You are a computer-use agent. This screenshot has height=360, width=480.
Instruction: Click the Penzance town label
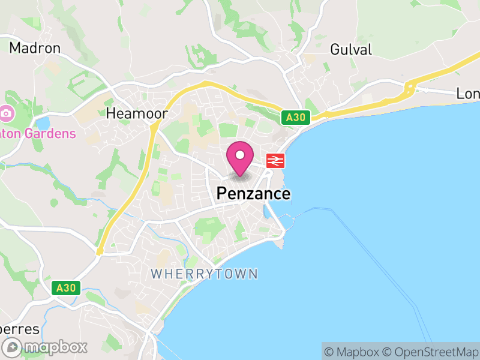(x=253, y=194)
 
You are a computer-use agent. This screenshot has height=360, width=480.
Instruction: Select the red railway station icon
(x=275, y=160)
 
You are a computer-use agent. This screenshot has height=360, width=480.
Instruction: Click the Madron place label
(x=35, y=48)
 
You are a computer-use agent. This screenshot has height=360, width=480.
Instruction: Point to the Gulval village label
(x=351, y=49)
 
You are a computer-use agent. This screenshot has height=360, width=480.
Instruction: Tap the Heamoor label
(x=136, y=113)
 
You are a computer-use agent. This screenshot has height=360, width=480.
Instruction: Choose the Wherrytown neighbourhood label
(x=204, y=274)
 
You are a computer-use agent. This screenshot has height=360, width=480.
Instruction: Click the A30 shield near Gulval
(x=296, y=118)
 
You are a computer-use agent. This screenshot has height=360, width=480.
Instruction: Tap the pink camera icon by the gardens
(x=7, y=113)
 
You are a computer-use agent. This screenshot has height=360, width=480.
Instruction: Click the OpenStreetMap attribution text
(x=431, y=352)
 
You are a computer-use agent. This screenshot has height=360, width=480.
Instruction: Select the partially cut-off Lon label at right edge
(x=468, y=94)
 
